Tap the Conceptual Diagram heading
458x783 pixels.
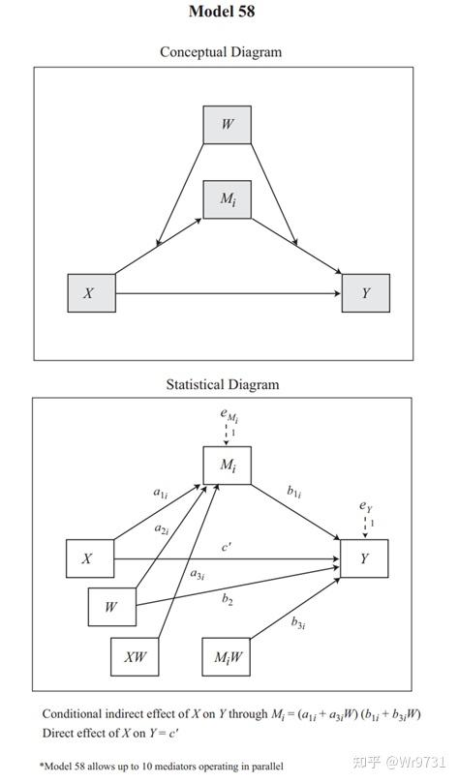pyautogui.click(x=221, y=52)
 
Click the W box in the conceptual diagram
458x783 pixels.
pyautogui.click(x=228, y=125)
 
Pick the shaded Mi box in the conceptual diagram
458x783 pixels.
pyautogui.click(x=228, y=198)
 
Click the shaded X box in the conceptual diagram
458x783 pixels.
pyautogui.click(x=91, y=292)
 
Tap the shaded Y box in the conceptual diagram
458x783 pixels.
pyautogui.click(x=365, y=292)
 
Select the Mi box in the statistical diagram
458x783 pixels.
pyautogui.click(x=228, y=466)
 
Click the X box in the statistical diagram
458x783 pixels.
pyautogui.click(x=89, y=558)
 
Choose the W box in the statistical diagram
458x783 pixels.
pyautogui.click(x=112, y=607)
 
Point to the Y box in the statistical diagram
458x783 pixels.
pyautogui.click(x=364, y=558)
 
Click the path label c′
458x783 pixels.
pyautogui.click(x=227, y=547)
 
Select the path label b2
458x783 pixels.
pyautogui.click(x=228, y=600)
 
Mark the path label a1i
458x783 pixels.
pyautogui.click(x=160, y=493)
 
